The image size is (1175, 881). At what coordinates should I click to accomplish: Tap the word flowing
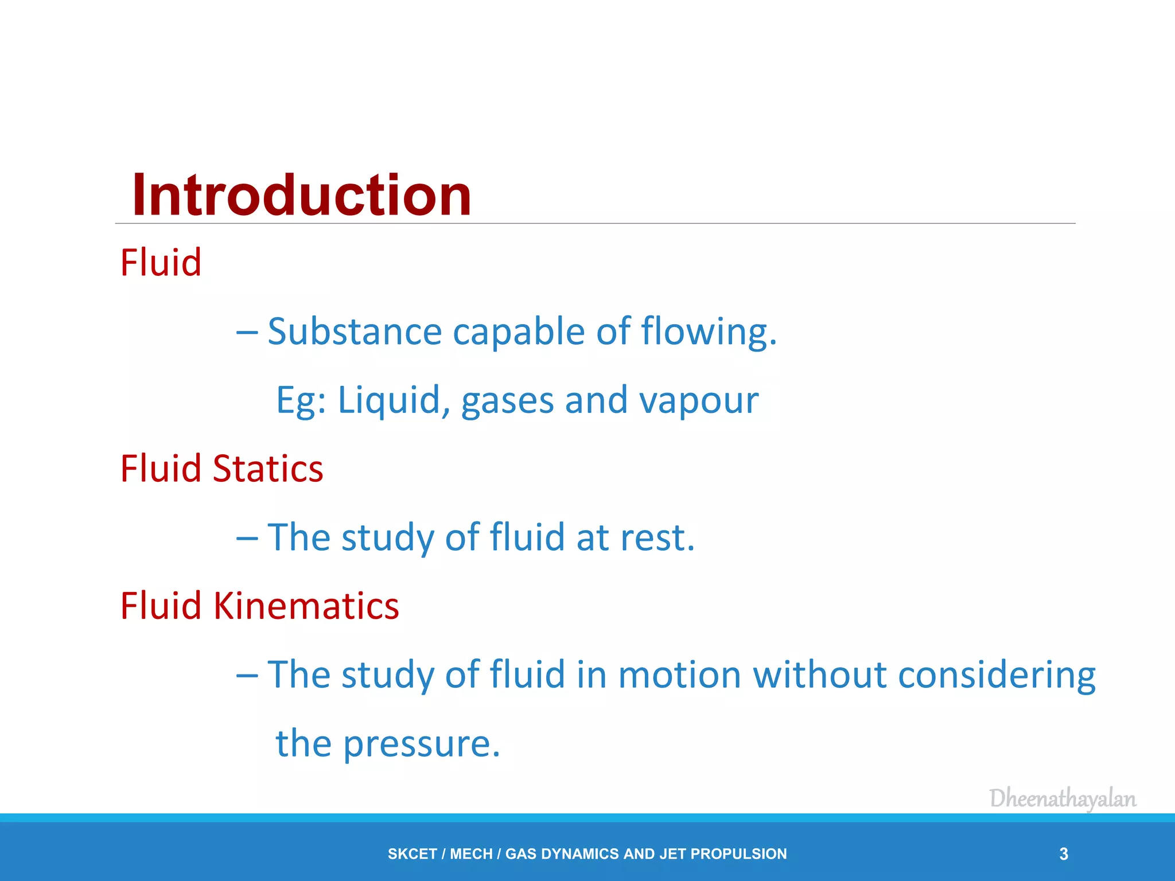pos(708,333)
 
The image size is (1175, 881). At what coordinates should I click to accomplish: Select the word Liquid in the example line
pos(388,400)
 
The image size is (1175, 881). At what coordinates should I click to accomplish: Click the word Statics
pos(267,469)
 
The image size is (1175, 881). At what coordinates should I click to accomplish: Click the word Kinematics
pos(306,606)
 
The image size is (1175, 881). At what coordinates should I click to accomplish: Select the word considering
pos(997,676)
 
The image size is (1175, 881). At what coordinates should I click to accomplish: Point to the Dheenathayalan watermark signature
pos(1063,799)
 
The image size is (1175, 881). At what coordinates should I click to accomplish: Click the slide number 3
pos(1064,854)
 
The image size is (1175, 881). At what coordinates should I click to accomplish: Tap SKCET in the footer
pos(412,854)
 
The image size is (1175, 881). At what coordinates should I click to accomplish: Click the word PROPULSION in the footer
pos(738,854)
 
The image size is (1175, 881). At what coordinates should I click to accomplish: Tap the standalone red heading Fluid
pos(161,263)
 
